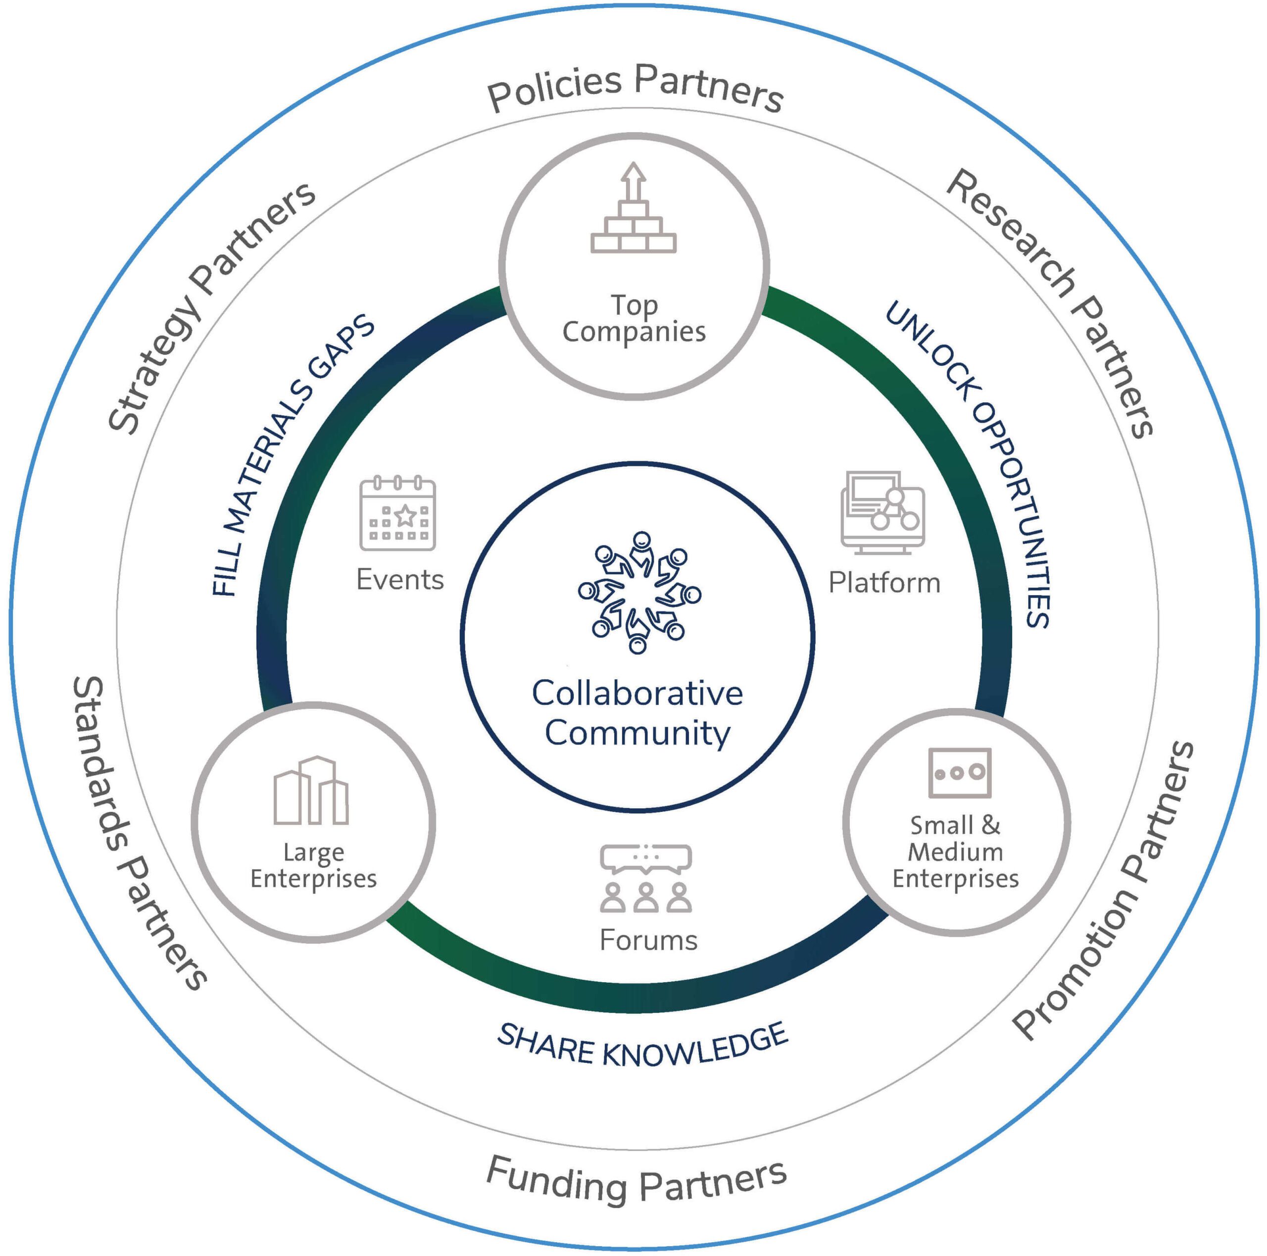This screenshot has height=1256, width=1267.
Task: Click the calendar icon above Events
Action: (397, 513)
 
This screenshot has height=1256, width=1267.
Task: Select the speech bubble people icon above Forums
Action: (646, 878)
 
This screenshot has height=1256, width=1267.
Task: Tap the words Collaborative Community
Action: (637, 713)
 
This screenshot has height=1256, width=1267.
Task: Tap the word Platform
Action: (884, 582)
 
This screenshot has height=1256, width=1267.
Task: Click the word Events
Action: (400, 580)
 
